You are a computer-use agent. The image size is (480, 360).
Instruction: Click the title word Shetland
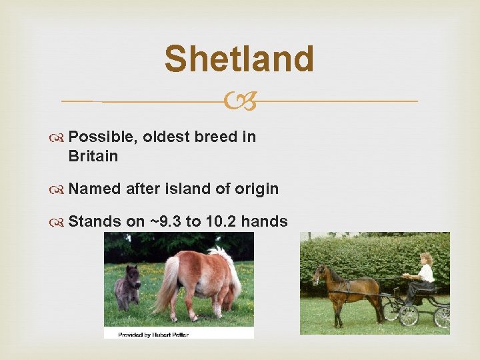pyautogui.click(x=239, y=59)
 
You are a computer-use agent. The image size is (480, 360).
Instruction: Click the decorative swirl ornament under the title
pyautogui.click(x=239, y=102)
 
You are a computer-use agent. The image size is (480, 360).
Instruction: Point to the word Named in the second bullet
pyautogui.click(x=95, y=189)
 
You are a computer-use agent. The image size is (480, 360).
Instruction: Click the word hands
pyautogui.click(x=264, y=221)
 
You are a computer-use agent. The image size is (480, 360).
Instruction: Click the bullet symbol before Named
pyautogui.click(x=61, y=189)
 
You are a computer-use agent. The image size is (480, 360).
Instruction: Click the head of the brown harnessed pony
pyautogui.click(x=321, y=274)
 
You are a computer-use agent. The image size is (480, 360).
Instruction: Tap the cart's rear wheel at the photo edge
pyautogui.click(x=442, y=316)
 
